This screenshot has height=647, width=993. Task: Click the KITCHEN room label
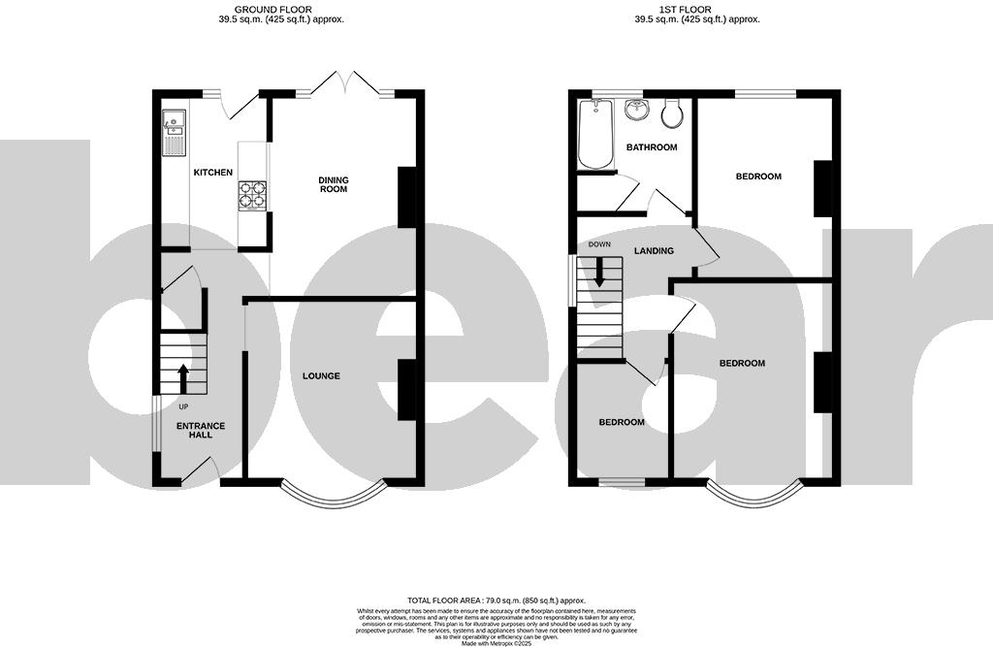(x=212, y=173)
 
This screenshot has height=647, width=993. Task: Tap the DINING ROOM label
(x=333, y=184)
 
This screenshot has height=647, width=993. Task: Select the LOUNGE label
(x=320, y=375)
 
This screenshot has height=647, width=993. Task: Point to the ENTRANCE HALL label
(x=201, y=430)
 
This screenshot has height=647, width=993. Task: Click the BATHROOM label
(x=651, y=147)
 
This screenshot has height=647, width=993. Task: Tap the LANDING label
(x=654, y=251)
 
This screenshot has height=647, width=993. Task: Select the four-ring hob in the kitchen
(x=252, y=195)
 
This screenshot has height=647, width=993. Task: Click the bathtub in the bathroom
(x=593, y=135)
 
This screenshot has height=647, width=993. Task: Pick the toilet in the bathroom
(x=670, y=114)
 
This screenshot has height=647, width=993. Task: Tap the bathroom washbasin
(x=636, y=109)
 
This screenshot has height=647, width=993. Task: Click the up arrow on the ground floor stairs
(x=182, y=377)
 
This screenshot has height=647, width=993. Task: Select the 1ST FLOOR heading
(x=696, y=8)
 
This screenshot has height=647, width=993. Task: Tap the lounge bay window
(x=331, y=498)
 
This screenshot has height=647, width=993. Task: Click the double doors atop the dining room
(x=345, y=82)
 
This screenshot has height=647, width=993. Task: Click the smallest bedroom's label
(x=621, y=422)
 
